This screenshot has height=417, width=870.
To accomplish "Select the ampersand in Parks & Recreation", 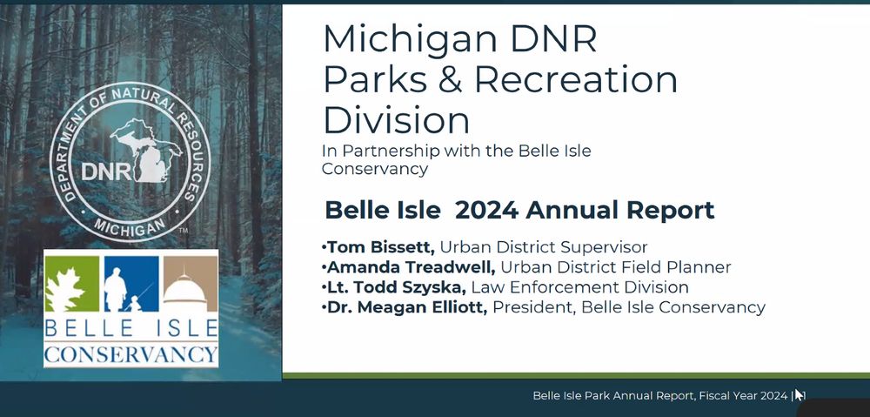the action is tap(450, 79).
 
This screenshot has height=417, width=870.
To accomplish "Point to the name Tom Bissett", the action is tap(381, 246).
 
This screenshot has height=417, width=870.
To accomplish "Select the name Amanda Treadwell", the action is tap(411, 267).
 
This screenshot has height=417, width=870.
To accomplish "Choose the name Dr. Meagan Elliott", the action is tap(407, 307).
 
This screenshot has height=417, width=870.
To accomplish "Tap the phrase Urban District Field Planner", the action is tap(615, 267).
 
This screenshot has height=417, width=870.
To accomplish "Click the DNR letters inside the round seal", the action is tap(106, 172).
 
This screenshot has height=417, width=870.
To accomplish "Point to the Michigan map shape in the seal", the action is tap(146, 150).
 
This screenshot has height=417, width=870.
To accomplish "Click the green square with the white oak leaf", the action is tap(72, 284).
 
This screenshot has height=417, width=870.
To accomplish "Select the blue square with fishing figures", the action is tap(131, 284).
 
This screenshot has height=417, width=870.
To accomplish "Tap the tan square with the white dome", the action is tap(191, 284).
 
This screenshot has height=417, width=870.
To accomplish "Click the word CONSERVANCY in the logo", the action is tap(131, 353).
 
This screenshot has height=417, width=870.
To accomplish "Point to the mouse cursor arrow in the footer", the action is tap(800, 394).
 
